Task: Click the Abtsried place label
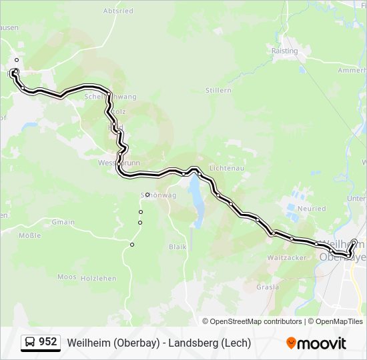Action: coord(118,11)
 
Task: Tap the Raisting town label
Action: coord(285,50)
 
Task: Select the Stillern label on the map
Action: coord(218,90)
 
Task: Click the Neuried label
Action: coord(311,209)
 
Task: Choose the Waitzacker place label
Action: coord(286,257)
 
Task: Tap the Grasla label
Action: coord(267,287)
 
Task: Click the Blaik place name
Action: coord(177,247)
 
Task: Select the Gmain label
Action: coord(63,222)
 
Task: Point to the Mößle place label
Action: coord(29,236)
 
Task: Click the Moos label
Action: coord(67,276)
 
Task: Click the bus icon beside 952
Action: coord(31,343)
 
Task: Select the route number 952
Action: coord(48,342)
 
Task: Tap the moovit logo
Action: coord(316,343)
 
